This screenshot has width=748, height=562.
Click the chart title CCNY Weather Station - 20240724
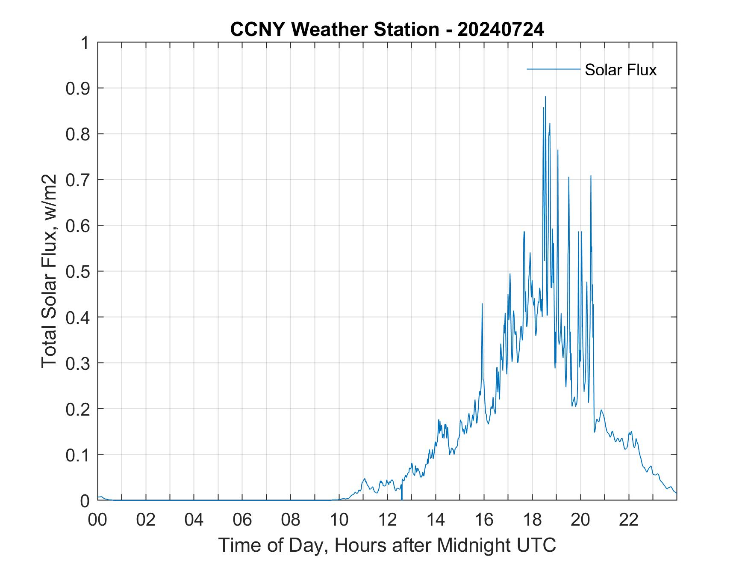tap(387, 30)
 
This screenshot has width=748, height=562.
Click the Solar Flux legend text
tap(620, 70)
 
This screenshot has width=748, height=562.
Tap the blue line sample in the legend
tap(553, 69)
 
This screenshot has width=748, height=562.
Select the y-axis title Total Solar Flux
tap(50, 271)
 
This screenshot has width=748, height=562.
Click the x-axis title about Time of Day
tap(387, 545)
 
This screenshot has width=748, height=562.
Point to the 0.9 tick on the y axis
tap(79, 88)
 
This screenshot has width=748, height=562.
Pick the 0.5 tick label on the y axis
tap(79, 271)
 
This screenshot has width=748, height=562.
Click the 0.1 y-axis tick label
tap(79, 455)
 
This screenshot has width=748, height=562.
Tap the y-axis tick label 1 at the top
tap(85, 43)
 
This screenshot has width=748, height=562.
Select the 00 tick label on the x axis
tap(97, 520)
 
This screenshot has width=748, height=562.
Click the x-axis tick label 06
tap(242, 520)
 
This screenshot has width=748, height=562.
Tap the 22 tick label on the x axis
tap(628, 520)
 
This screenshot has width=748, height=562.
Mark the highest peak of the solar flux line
tap(545, 97)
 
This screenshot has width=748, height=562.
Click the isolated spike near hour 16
tap(482, 304)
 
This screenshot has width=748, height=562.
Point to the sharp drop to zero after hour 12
tap(402, 497)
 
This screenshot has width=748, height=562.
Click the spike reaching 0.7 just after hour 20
tap(591, 176)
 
